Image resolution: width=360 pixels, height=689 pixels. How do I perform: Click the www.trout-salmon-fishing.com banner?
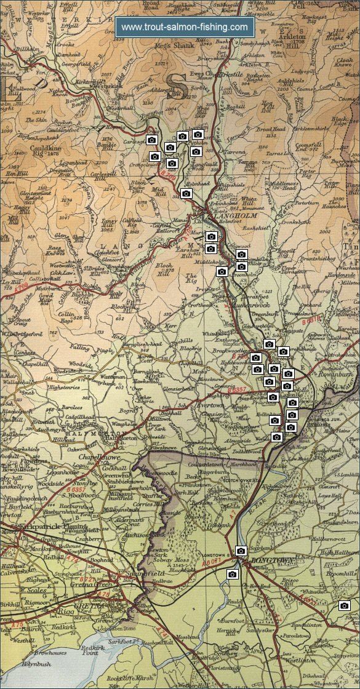click(x=185, y=27)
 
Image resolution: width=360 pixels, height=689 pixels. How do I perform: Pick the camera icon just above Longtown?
click(x=241, y=551)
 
